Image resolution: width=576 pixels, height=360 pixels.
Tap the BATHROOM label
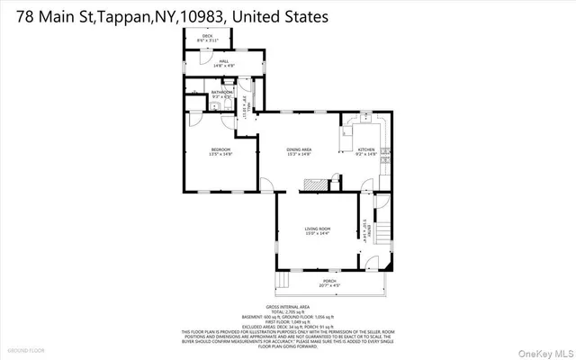click(222, 92)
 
